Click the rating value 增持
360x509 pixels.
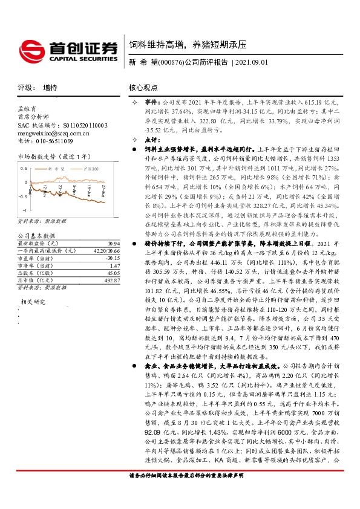pos(50,88)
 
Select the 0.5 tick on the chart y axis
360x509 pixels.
pos(24,167)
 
